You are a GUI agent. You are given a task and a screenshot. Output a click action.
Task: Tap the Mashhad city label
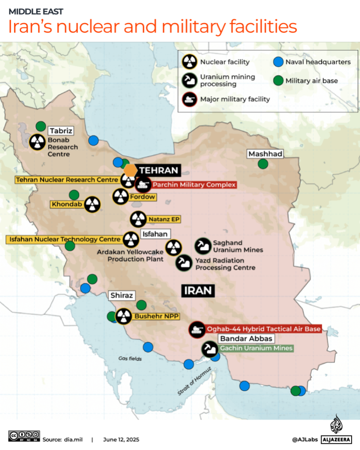point(266,154)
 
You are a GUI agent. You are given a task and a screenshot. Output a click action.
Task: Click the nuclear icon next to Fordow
point(120,197)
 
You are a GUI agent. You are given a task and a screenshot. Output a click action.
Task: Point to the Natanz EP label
point(164,219)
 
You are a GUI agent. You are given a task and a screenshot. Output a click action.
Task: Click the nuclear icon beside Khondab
point(93,204)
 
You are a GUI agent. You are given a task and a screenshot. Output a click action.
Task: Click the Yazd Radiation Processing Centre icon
point(184,263)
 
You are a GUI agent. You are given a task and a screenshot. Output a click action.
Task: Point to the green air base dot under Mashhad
point(263,164)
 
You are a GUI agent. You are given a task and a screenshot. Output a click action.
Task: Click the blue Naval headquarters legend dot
point(278,62)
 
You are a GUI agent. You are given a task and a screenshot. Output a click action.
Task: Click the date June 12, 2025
point(122,439)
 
